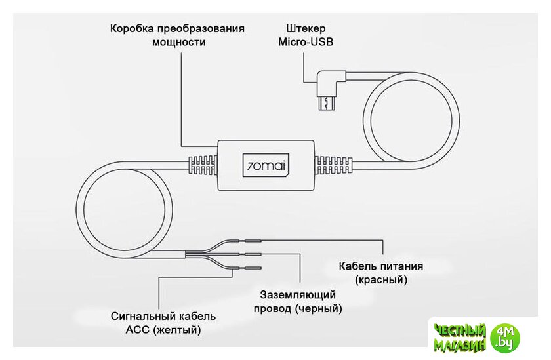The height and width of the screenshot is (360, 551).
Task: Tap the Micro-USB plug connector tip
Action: tap(326, 103)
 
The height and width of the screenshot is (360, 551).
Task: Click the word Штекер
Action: tap(306, 29)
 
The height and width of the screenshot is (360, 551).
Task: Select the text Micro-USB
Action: tap(306, 43)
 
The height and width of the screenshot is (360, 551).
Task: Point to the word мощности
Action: tap(178, 43)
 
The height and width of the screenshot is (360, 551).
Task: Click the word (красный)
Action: tap(381, 280)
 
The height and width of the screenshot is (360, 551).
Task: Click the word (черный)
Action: tap(318, 308)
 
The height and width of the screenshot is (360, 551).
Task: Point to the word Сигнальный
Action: tap(142, 316)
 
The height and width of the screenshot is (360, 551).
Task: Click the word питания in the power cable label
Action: tap(400, 266)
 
